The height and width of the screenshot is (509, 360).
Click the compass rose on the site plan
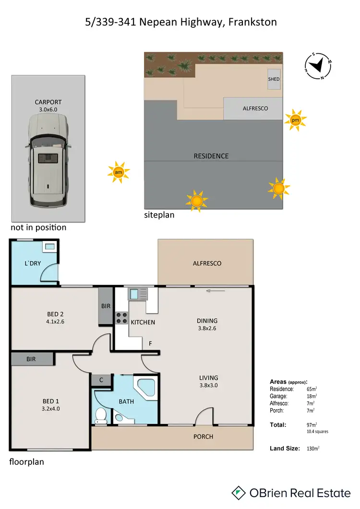318,66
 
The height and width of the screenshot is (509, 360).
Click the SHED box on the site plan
274,79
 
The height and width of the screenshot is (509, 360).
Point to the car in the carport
48,158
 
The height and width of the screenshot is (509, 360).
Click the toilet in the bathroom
101,416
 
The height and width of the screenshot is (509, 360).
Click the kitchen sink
134,293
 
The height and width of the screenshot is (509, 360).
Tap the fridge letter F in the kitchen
150,344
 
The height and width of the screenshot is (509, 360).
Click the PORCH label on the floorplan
204,436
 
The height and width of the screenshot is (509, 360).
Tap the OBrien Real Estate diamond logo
239,493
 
